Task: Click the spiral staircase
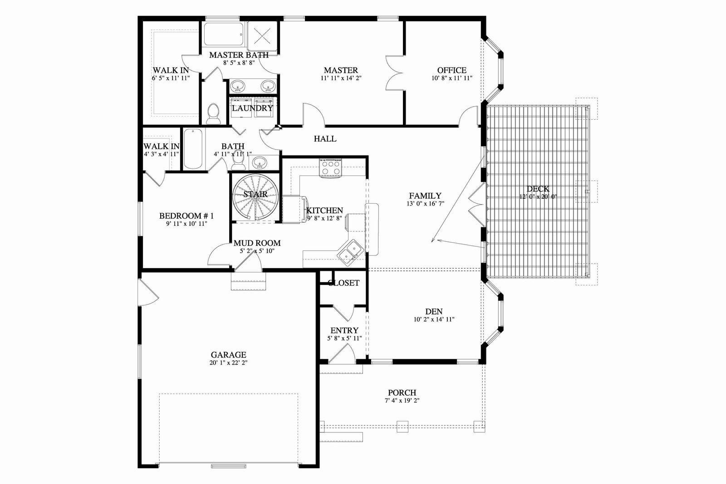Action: coord(255,198)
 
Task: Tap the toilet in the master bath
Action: coord(213,114)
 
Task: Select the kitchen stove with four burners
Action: coord(330,168)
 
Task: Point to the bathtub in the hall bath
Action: coord(193,149)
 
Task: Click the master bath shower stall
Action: coord(263,36)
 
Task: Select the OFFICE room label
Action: coord(452,70)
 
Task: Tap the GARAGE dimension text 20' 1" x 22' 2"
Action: coord(229,363)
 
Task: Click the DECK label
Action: coord(538,189)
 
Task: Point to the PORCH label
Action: coord(402,393)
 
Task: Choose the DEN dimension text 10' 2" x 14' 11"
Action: coord(434,319)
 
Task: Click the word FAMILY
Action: coord(425,196)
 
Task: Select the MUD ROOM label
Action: coord(257,243)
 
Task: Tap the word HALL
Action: coord(325,139)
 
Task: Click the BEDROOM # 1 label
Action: coord(186,216)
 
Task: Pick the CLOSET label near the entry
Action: coord(343,283)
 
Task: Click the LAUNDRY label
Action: coord(252,108)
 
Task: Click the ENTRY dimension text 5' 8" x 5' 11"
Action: coord(344,338)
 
